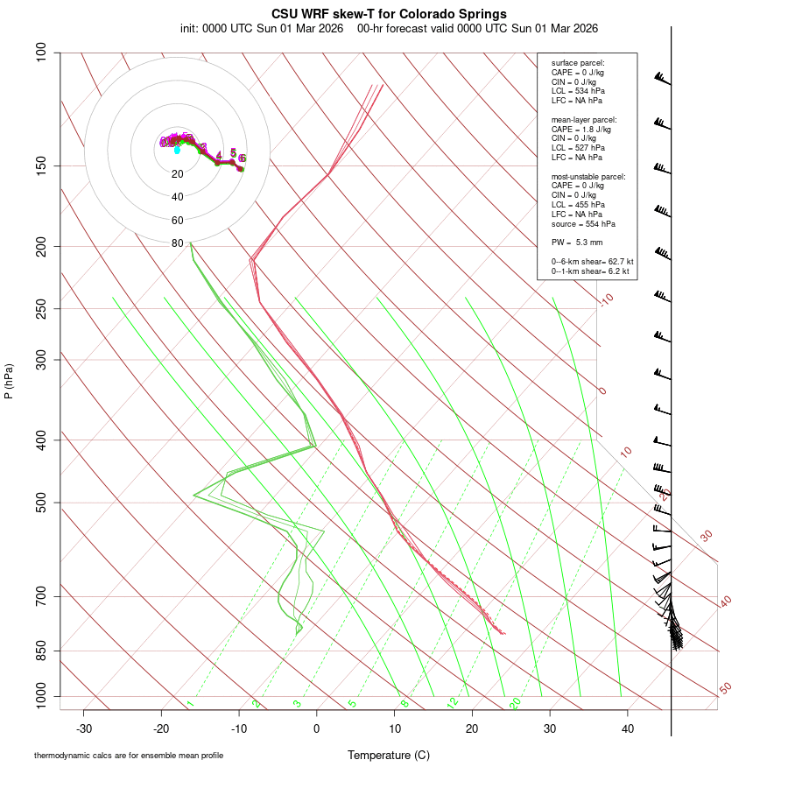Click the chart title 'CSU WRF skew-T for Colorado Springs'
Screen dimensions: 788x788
(389, 14)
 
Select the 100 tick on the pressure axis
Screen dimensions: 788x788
(41, 53)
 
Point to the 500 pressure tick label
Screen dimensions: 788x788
(41, 503)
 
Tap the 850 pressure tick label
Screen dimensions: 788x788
(41, 651)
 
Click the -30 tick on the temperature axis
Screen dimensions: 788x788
(84, 728)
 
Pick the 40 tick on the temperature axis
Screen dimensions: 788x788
(628, 728)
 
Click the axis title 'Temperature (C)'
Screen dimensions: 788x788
(389, 755)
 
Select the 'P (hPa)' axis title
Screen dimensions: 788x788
(9, 381)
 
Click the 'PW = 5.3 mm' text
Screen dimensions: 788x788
(577, 242)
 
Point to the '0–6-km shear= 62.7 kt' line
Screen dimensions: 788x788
(592, 261)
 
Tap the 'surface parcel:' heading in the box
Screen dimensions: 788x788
(578, 63)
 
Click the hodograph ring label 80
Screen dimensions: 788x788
(178, 243)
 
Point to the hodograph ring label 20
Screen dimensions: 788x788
(178, 174)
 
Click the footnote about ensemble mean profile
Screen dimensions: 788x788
(129, 755)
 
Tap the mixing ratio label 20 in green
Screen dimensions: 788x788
(516, 703)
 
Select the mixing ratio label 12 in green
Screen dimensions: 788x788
(453, 703)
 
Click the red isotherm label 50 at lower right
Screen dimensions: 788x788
(725, 689)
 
